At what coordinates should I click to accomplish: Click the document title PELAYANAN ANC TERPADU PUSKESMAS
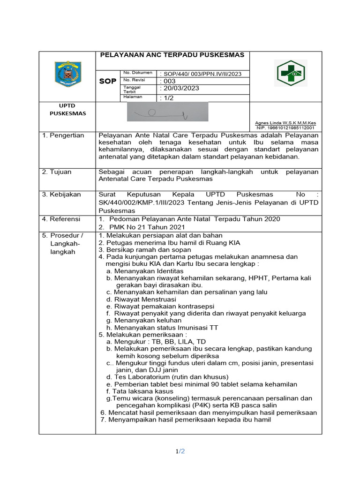click(x=172, y=55)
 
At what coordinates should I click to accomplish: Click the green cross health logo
click(x=291, y=74)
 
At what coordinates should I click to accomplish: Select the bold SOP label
click(x=107, y=81)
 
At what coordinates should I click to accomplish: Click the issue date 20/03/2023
click(x=180, y=88)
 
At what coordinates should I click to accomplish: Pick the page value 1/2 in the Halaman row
click(x=167, y=97)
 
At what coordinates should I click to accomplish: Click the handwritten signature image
click(x=167, y=112)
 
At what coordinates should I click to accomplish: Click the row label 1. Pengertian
click(x=63, y=135)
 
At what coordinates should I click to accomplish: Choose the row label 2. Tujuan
click(x=57, y=172)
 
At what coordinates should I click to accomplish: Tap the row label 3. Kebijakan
click(x=61, y=194)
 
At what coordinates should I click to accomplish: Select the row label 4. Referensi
click(x=61, y=219)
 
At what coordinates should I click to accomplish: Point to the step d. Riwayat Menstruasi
click(x=141, y=299)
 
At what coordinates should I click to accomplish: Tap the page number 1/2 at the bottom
click(x=180, y=451)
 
